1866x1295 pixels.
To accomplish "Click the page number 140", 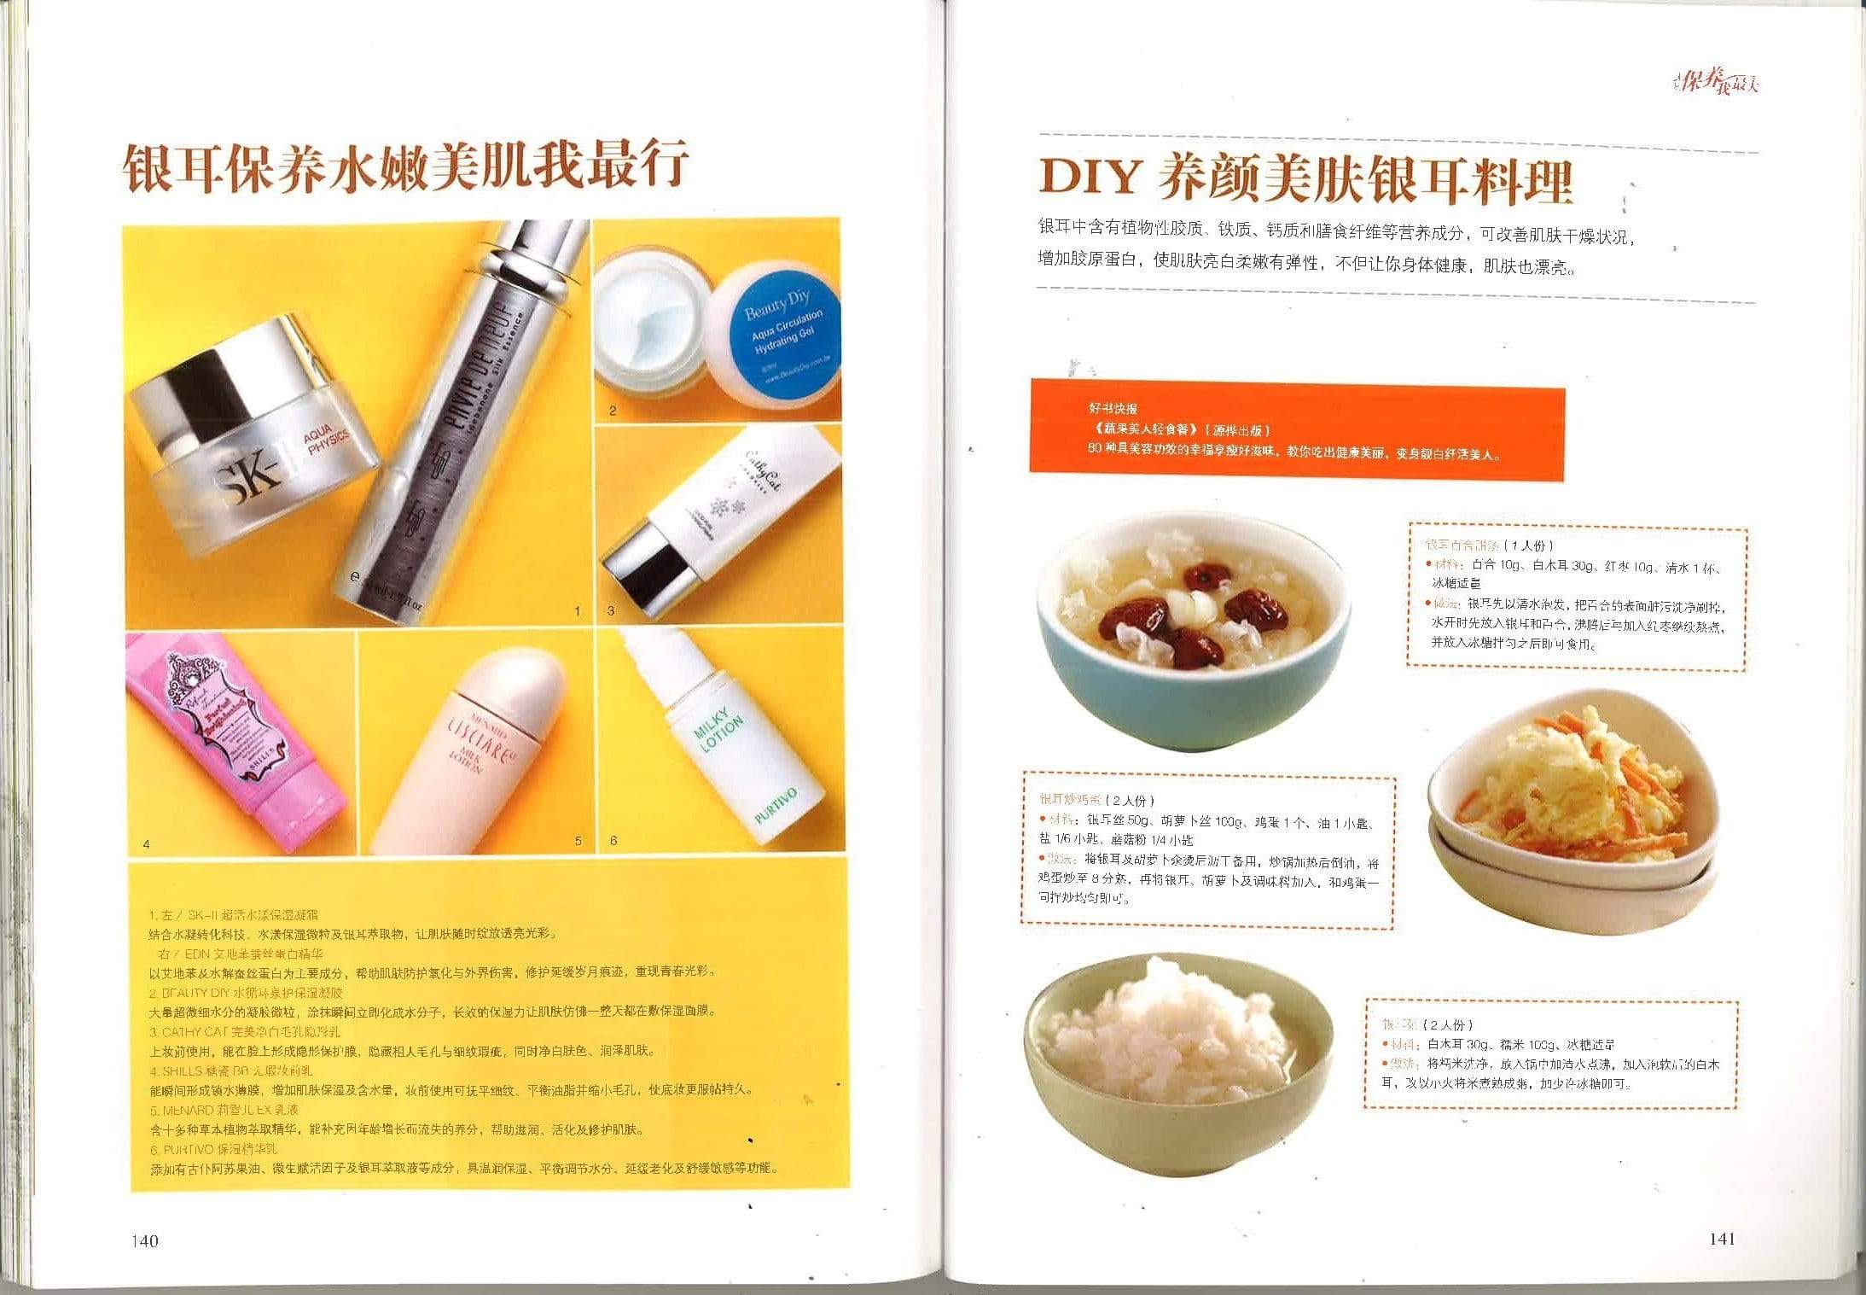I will click(145, 1240).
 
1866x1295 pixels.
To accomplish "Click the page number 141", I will click(1722, 1239).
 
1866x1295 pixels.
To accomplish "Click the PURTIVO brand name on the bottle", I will click(776, 805).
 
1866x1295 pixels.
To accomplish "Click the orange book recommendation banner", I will click(1297, 429).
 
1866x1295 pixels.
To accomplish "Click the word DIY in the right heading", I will click(1090, 178).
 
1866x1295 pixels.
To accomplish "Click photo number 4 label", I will click(147, 844).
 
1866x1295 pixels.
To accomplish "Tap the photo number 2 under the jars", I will click(613, 411).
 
